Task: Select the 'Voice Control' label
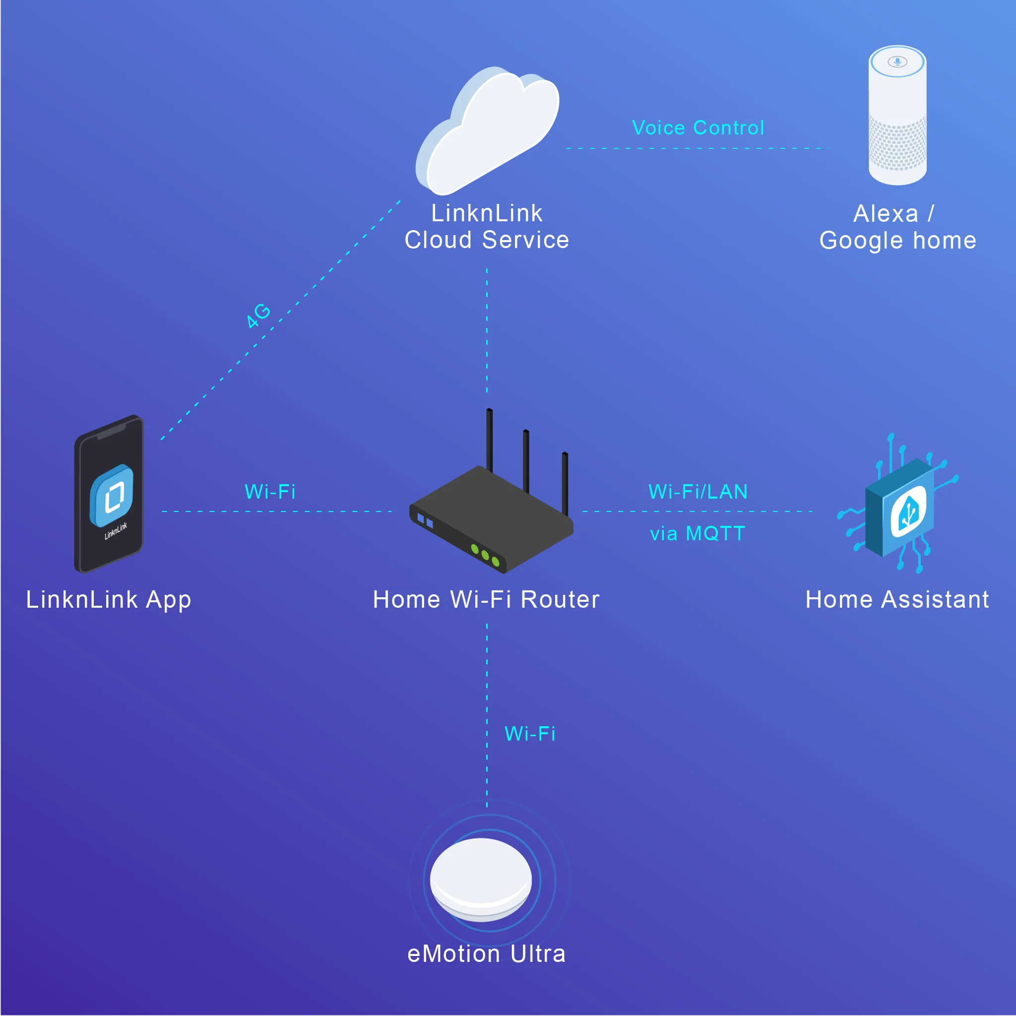click(x=698, y=128)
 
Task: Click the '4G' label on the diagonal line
click(x=259, y=316)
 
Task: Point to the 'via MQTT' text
click(x=698, y=534)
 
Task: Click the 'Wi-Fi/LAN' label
click(x=698, y=492)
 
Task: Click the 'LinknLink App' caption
click(x=109, y=599)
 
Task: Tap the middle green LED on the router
click(x=485, y=555)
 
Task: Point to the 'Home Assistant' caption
click(x=897, y=599)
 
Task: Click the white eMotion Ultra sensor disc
click(x=481, y=878)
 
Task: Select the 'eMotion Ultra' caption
click(x=487, y=954)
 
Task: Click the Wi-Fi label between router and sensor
click(x=529, y=734)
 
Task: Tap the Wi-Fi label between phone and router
click(x=270, y=492)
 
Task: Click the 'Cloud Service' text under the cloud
click(x=487, y=240)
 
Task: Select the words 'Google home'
click(x=897, y=240)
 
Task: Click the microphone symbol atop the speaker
click(x=897, y=62)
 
